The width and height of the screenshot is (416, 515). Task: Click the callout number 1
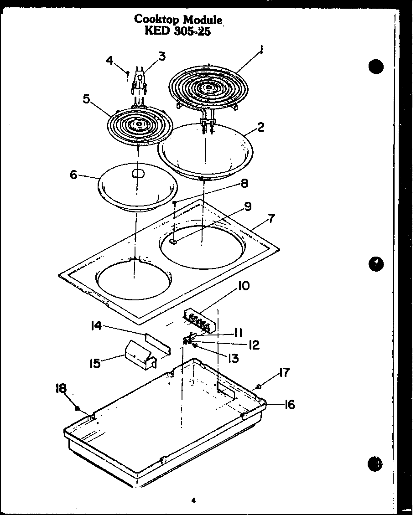coord(261,49)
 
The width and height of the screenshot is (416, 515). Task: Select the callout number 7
coord(271,219)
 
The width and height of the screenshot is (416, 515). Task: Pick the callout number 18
coord(61,388)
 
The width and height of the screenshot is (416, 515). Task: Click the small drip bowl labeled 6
coord(137,187)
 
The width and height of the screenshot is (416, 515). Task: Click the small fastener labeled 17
coord(258,386)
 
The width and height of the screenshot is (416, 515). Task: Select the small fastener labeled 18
coord(78,407)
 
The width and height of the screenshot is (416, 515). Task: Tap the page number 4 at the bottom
coord(193,500)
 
